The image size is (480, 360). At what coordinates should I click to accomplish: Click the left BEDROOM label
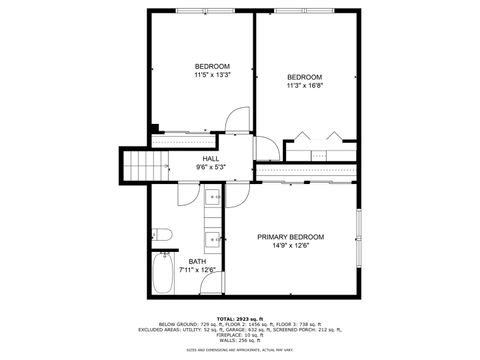point(211,66)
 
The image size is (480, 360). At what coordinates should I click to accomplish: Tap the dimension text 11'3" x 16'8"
point(305,87)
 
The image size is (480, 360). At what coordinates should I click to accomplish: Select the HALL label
point(211,158)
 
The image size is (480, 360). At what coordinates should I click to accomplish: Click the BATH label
point(197,261)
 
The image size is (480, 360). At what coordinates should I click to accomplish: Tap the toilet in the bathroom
point(165,236)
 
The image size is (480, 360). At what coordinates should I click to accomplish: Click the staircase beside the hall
point(142,162)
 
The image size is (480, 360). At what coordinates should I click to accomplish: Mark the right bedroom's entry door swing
point(266,148)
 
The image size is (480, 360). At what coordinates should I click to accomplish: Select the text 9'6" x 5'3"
point(211,167)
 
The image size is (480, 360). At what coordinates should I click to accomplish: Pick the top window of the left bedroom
point(200,12)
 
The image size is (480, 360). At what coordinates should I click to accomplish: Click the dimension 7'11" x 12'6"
point(197,270)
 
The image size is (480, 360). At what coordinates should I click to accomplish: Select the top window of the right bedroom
point(306,12)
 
